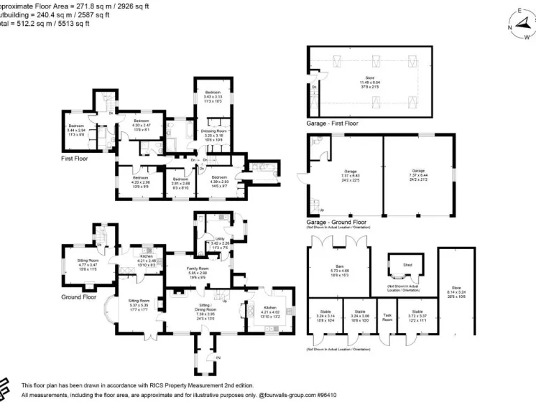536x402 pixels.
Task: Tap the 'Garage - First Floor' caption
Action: point(332,123)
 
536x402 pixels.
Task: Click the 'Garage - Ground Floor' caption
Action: point(336,222)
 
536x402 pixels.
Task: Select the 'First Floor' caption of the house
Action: point(75,158)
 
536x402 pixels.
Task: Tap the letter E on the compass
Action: point(519,11)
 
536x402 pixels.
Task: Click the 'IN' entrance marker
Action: point(218,358)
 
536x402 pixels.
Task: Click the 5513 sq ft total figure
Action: point(75,24)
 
